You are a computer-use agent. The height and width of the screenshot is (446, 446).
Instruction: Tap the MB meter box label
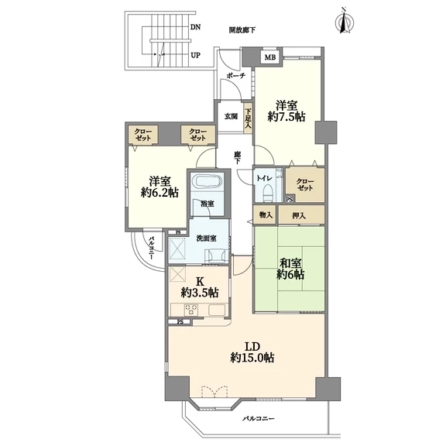coord(270,57)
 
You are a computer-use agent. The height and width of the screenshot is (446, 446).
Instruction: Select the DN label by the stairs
coord(195,27)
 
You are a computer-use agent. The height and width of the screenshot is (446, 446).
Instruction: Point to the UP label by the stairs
coord(195,55)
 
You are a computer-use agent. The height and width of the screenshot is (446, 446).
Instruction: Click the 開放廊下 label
coord(242,30)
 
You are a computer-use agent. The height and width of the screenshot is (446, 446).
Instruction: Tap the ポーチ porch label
coord(236,76)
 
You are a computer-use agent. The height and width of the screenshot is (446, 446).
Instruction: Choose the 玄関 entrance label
coord(231,116)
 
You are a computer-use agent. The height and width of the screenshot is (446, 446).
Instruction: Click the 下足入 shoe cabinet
coord(248,118)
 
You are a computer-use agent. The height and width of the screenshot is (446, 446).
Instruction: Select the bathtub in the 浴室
coord(207,180)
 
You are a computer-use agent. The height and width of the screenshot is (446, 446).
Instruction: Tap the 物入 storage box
coord(265,214)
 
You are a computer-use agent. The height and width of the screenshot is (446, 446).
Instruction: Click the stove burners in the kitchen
coord(190,310)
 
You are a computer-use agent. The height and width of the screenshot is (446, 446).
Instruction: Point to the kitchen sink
coord(217,310)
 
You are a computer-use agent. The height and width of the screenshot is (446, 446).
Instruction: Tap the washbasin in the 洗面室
coord(217,256)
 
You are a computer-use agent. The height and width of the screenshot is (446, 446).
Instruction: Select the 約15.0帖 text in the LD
coord(252,358)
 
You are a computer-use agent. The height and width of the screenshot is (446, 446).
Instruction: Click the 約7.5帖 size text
coord(286,117)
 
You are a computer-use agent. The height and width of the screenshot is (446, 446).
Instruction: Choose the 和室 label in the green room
coord(290,264)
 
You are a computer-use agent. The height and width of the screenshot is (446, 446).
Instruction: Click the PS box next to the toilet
coord(290,200)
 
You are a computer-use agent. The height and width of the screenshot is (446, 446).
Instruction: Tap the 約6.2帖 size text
coord(160,193)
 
